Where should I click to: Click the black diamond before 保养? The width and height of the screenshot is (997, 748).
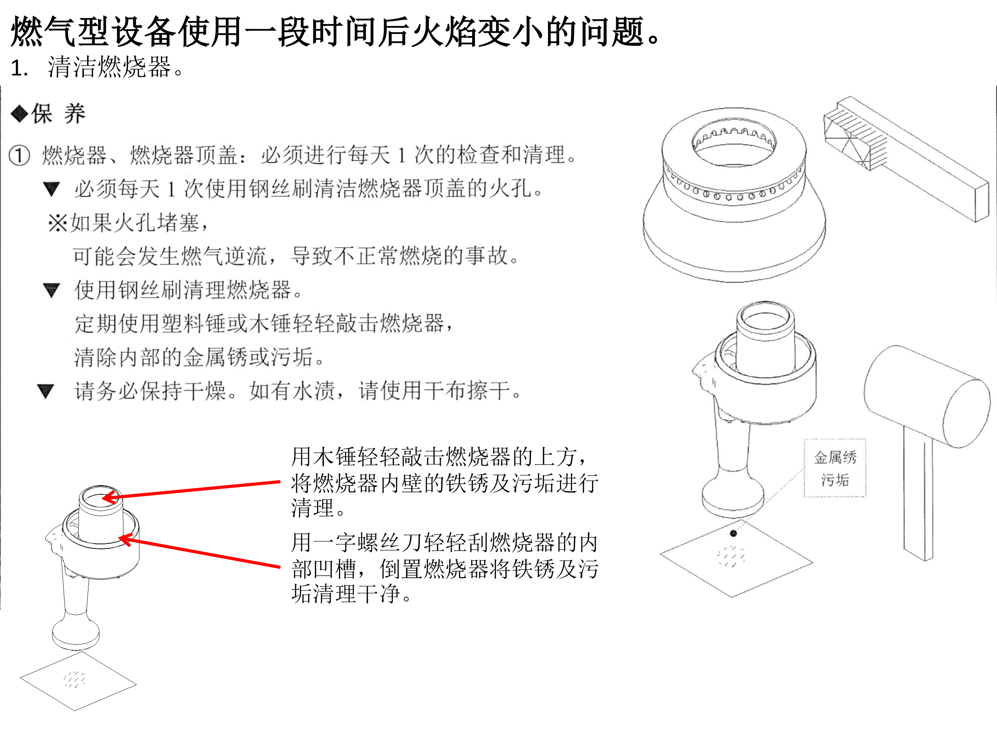point(19,114)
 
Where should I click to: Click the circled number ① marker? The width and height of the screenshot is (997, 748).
point(19,155)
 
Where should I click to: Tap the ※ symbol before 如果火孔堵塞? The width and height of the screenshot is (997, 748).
point(58,222)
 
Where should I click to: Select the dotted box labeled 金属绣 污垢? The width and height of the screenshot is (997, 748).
point(835,468)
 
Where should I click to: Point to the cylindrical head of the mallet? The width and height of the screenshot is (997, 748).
point(926,397)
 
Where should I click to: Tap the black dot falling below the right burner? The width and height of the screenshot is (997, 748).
point(733,533)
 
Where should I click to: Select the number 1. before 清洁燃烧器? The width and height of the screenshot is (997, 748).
point(20,68)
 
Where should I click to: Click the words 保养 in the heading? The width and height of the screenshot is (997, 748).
point(58,114)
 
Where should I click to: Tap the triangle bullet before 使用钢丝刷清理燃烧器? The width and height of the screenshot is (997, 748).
point(52,290)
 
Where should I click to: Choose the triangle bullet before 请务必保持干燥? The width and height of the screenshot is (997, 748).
point(46,391)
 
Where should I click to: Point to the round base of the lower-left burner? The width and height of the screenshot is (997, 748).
point(76,635)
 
